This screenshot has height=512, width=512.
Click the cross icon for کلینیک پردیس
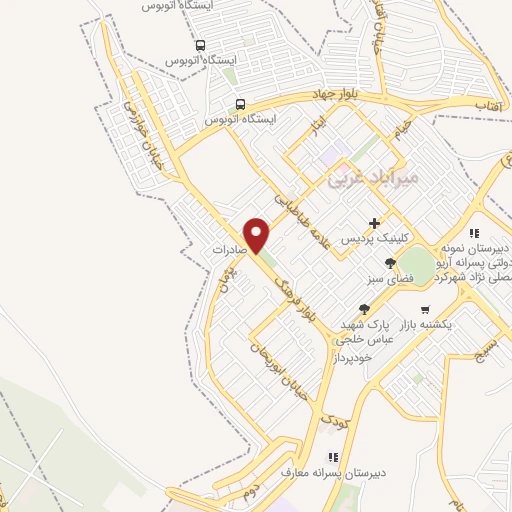click(x=375, y=222)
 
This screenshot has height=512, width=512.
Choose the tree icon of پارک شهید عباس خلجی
click(x=365, y=309)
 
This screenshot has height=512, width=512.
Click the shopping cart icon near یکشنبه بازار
click(x=426, y=309)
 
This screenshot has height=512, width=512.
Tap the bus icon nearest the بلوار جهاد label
click(x=240, y=103)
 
